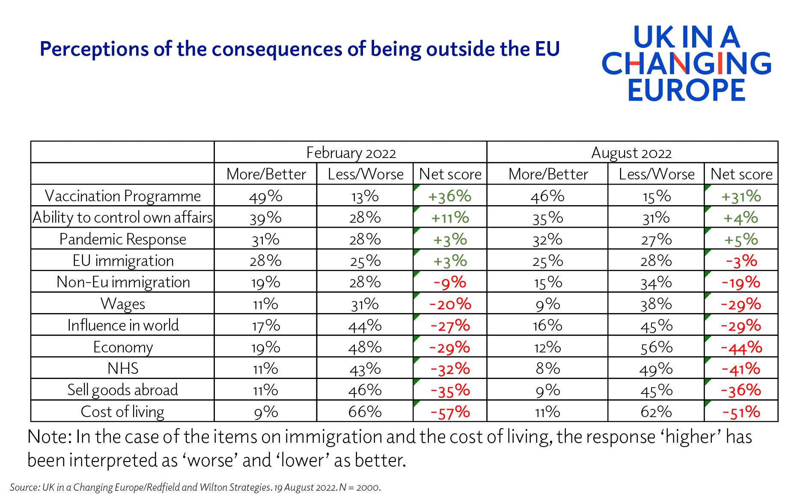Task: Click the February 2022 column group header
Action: (x=351, y=153)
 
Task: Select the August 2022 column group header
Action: (x=631, y=153)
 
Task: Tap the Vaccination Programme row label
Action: (x=123, y=196)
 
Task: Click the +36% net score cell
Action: (x=449, y=196)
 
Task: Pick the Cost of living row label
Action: (x=122, y=412)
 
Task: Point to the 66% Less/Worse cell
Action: (x=365, y=412)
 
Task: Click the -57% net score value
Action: (x=450, y=412)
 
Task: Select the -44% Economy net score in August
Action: (x=741, y=347)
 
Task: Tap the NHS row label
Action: (x=123, y=368)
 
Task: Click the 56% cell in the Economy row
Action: (x=656, y=347)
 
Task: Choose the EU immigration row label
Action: (x=123, y=261)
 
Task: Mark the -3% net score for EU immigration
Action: (x=741, y=261)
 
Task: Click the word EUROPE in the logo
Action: (x=686, y=90)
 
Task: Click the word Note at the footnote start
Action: (x=47, y=437)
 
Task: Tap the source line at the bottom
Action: (x=195, y=487)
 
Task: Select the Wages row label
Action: (x=123, y=304)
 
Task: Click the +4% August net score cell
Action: (x=741, y=218)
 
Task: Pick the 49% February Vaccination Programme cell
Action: (x=265, y=196)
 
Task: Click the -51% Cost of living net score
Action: (x=741, y=412)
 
